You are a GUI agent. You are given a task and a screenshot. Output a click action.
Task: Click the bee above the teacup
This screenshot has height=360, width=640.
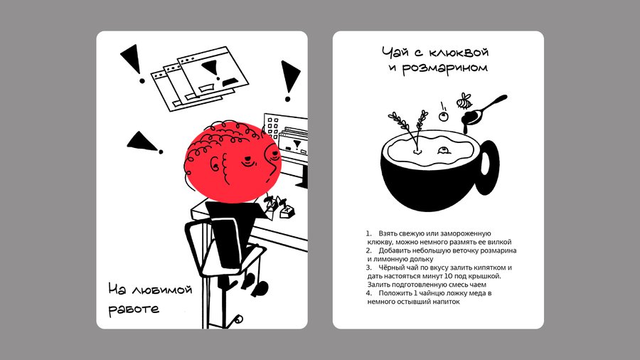(464, 101)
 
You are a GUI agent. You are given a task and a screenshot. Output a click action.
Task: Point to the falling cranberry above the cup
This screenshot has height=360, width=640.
(443, 117)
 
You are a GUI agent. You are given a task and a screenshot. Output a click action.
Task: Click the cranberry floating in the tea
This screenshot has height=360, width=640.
(444, 151)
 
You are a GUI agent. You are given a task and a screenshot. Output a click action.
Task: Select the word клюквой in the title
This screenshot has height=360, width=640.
(459, 53)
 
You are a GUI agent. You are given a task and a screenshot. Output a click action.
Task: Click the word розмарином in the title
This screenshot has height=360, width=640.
(444, 68)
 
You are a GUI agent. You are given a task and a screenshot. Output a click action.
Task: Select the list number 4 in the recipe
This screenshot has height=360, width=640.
(368, 293)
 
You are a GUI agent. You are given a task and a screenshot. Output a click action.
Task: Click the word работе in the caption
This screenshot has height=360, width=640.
(134, 309)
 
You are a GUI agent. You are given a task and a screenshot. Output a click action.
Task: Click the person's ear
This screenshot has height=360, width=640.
(215, 164)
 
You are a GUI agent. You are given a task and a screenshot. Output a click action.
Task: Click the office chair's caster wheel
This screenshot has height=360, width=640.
(238, 319)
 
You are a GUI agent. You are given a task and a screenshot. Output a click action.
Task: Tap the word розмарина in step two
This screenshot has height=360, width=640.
(498, 250)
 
